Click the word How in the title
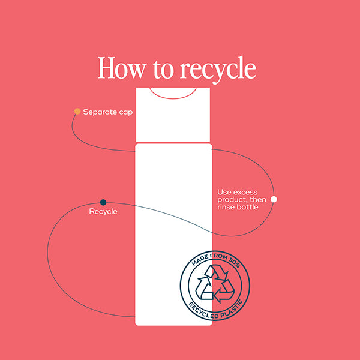click(x=122, y=68)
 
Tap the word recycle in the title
click(x=218, y=70)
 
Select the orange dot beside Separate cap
click(x=77, y=112)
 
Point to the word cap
click(x=126, y=113)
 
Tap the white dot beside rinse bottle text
click(x=274, y=199)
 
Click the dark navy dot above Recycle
click(x=103, y=202)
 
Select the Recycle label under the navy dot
click(x=103, y=212)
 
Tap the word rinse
click(x=225, y=207)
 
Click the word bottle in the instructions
click(x=247, y=207)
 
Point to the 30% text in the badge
click(x=235, y=262)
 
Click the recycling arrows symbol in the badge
click(x=215, y=284)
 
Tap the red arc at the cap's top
click(x=173, y=94)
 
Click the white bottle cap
click(x=173, y=115)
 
